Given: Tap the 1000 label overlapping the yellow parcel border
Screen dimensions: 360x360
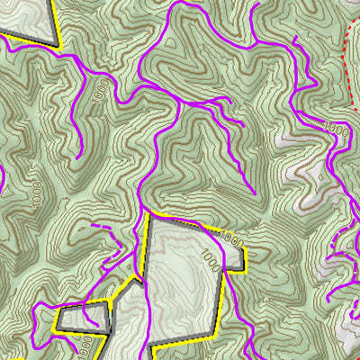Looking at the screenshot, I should coord(231,239).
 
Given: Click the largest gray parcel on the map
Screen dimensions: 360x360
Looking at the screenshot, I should coord(184,279).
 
